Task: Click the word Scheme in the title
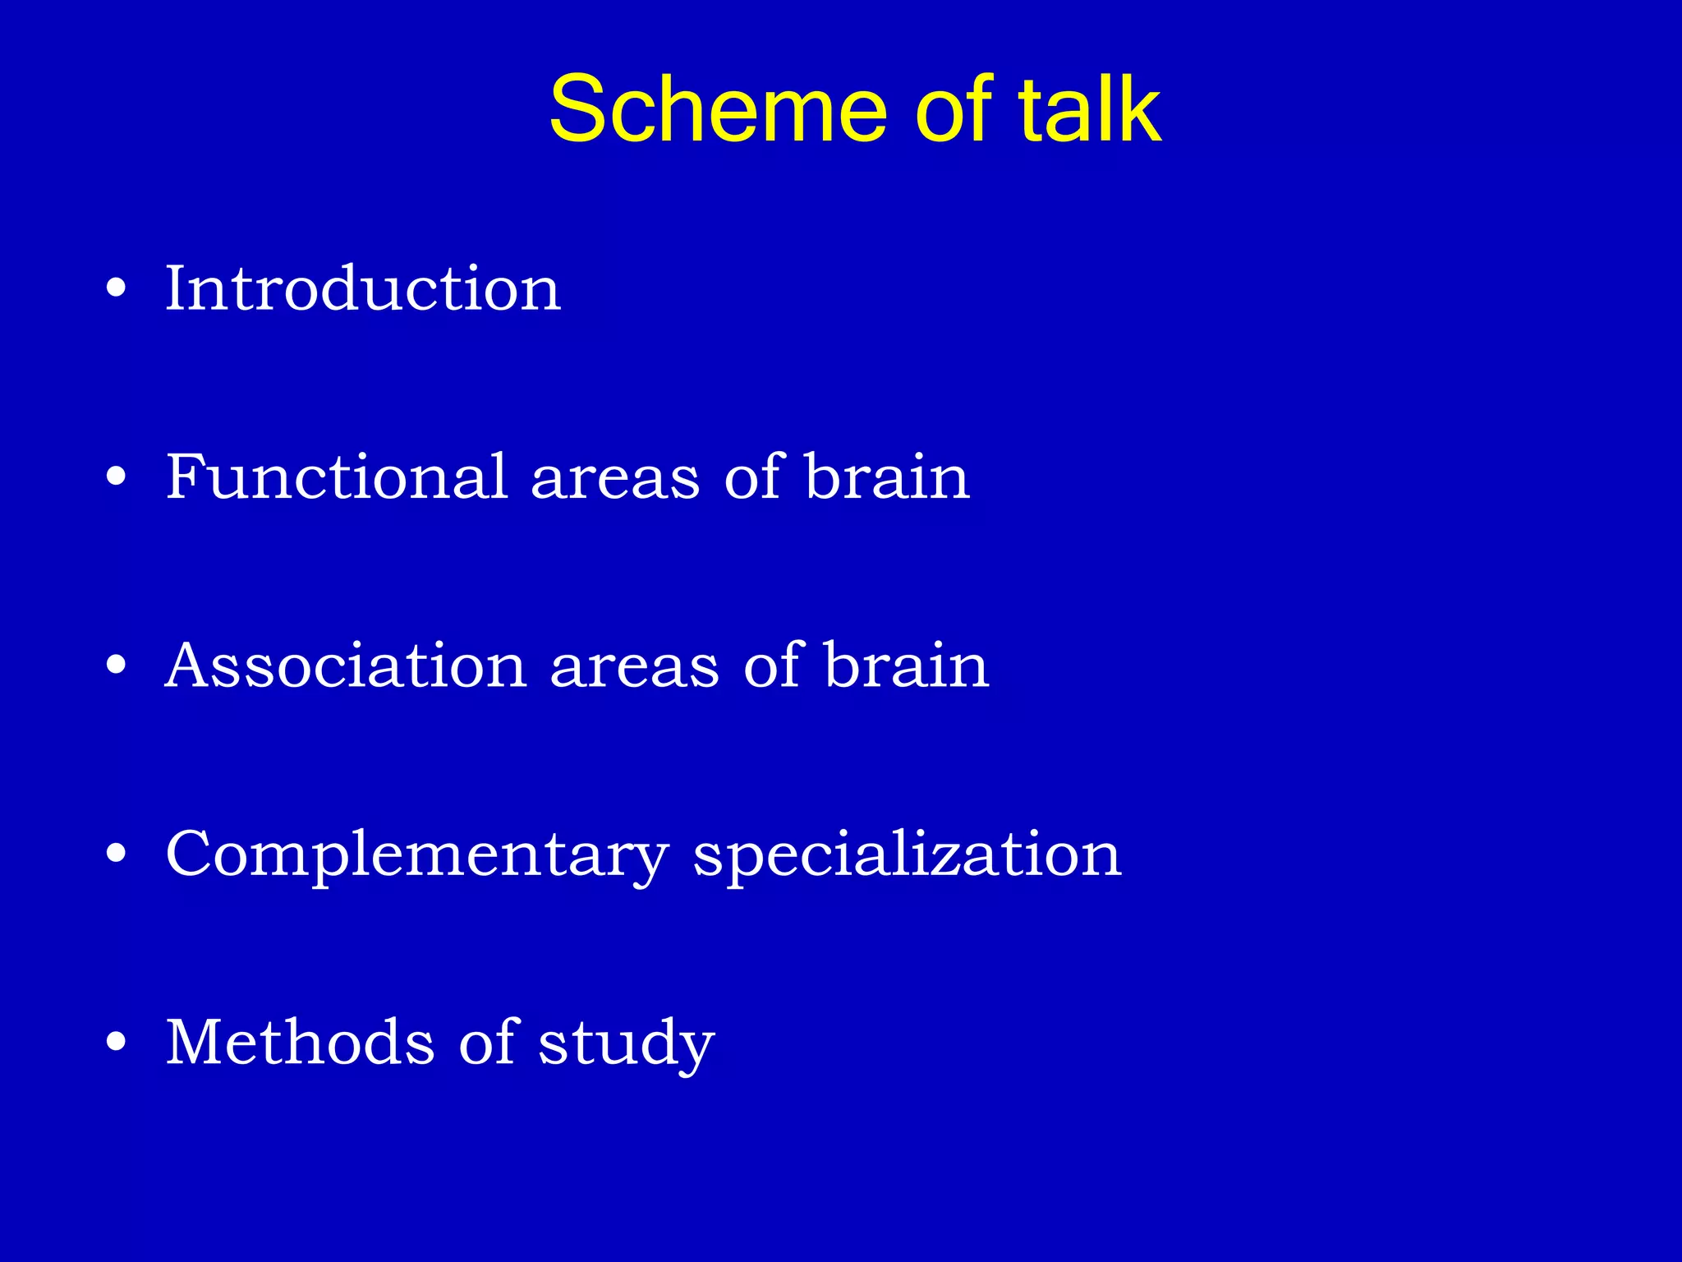tap(718, 109)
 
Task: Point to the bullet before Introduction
tap(117, 288)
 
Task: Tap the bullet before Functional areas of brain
tap(117, 477)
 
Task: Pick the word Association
tap(346, 665)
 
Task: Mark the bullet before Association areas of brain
tap(117, 665)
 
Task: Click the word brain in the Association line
tap(907, 665)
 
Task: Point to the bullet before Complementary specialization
tap(117, 854)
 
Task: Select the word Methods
tap(300, 1042)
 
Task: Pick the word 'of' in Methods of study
tap(487, 1042)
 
